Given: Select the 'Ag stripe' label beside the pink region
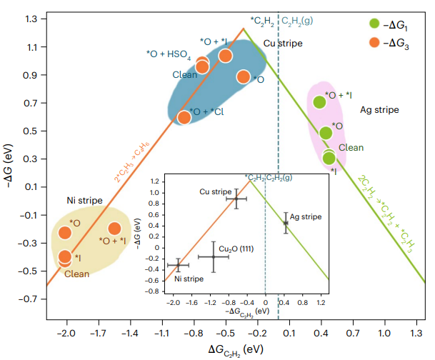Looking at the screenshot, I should point(379,110).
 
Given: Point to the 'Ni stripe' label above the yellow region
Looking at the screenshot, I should point(84,200).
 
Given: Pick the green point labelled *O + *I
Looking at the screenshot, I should point(319,102).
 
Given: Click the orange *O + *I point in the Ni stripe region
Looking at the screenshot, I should point(114,229).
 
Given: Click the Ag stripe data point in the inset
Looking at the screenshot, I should point(286,223).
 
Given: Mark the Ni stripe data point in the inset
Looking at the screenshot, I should point(178,266).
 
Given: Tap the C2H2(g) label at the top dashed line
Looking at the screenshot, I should point(297,21).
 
